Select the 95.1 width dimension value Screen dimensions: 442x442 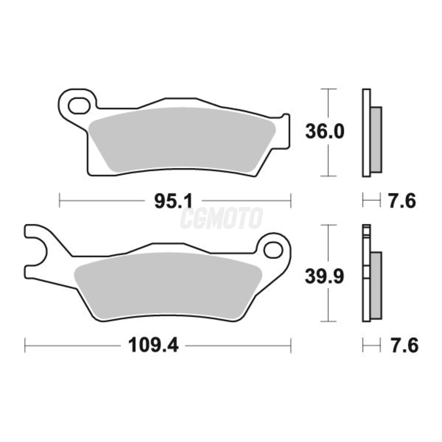173,201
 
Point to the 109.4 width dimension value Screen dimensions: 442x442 153,351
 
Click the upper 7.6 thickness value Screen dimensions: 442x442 402,201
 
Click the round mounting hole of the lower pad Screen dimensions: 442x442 273,250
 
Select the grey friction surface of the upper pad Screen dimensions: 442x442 182,140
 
